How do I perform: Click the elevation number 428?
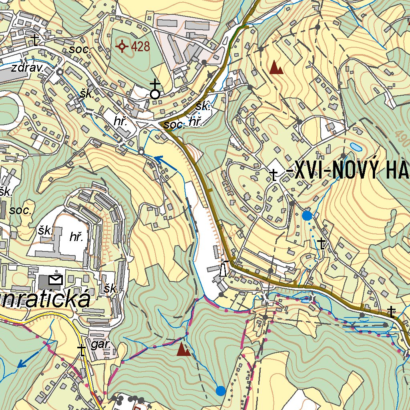click(x=140, y=47)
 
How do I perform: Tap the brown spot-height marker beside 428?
click(x=122, y=47)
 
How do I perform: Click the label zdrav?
click(x=28, y=68)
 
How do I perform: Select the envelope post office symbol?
click(x=55, y=279)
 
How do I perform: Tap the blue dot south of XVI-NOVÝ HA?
click(x=307, y=216)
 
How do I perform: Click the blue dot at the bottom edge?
click(x=220, y=390)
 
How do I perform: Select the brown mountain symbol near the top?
click(x=276, y=68)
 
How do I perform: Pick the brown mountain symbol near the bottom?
click(x=184, y=350)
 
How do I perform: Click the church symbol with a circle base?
click(x=155, y=89)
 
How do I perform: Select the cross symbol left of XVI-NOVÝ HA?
click(x=274, y=175)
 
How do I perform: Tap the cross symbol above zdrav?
click(x=36, y=40)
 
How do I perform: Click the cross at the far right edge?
click(x=392, y=312)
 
